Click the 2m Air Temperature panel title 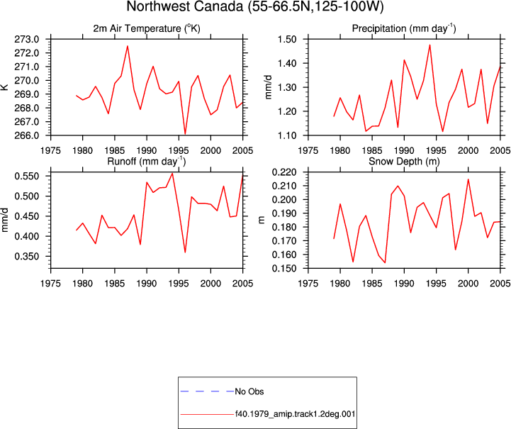(x=147, y=28)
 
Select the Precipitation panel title (x=404, y=28)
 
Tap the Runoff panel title (x=146, y=162)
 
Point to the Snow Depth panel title (x=404, y=162)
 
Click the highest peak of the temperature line (x=128, y=46)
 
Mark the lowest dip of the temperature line (x=185, y=133)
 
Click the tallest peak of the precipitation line (x=430, y=45)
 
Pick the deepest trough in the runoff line (x=185, y=252)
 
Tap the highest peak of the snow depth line (x=468, y=179)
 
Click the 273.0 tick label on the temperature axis (x=27, y=39)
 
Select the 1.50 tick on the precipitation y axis (x=287, y=39)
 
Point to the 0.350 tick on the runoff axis (x=27, y=256)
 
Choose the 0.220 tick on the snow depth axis (x=284, y=172)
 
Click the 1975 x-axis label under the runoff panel (x=50, y=284)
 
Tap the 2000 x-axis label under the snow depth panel (x=468, y=284)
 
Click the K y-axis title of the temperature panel (x=5, y=87)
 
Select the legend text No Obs (x=249, y=391)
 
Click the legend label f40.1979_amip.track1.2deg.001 (x=296, y=414)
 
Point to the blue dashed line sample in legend (x=207, y=391)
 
